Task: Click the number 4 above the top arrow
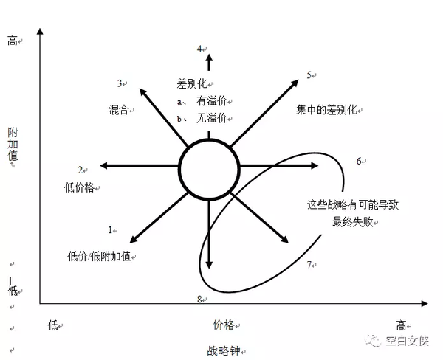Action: click(199, 49)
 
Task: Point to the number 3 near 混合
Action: click(120, 83)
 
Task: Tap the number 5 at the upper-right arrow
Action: click(309, 75)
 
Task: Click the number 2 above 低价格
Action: click(80, 170)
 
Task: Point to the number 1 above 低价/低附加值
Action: click(110, 229)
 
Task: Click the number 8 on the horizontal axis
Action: click(199, 298)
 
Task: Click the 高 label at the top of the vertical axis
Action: click(13, 41)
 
